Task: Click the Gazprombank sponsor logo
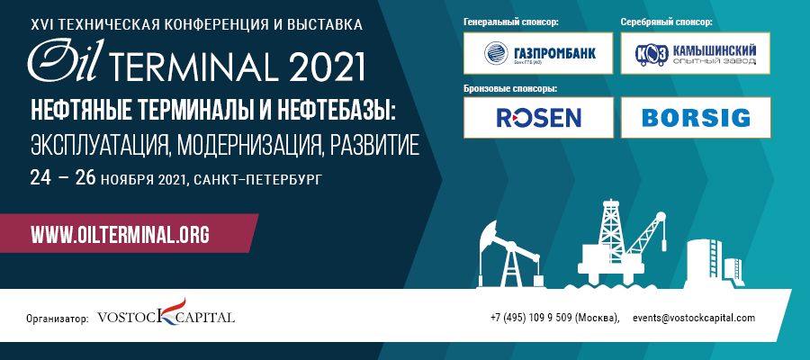point(538,53)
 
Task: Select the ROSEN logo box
point(538,117)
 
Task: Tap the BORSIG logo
point(696,117)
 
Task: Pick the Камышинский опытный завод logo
point(696,53)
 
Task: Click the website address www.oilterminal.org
point(121,235)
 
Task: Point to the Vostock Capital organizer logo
point(166,313)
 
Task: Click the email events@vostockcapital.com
point(694,318)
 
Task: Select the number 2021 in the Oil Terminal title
point(327,66)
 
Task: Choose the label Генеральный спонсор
point(512,22)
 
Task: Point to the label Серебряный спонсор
point(667,22)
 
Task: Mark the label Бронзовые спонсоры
point(511,88)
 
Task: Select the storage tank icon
point(715,263)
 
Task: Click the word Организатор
point(58,319)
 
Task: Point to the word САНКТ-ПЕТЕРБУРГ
point(259,180)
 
